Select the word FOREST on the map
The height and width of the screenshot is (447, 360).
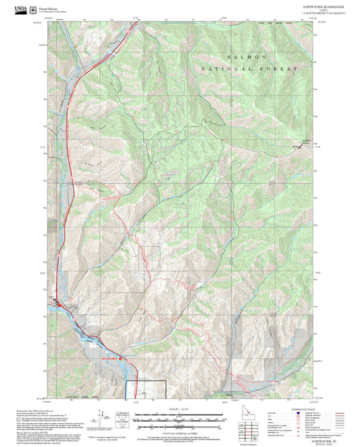coord(280,70)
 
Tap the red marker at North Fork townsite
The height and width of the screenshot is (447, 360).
coord(59,305)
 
